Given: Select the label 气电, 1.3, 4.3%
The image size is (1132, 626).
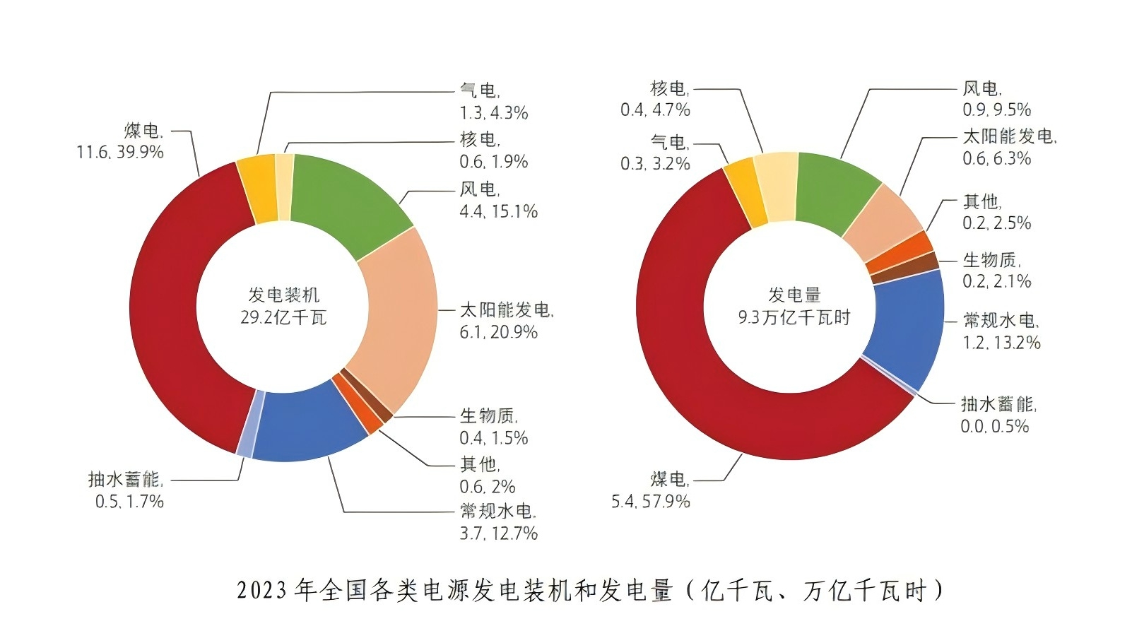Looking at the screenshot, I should [x=493, y=102].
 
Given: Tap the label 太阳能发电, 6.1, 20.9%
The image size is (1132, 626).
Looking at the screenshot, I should [x=506, y=321].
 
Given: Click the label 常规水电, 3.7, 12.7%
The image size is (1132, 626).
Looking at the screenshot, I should [x=498, y=522].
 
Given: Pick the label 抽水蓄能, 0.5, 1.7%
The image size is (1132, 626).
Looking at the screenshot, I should [x=126, y=490].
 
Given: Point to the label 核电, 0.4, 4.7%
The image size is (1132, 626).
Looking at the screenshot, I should [x=655, y=99].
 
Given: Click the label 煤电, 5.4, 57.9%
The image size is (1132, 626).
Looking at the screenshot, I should [x=651, y=490].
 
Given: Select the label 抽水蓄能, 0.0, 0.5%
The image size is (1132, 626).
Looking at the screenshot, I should [x=997, y=415].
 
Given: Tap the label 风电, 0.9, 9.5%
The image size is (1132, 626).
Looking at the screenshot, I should [x=996, y=99].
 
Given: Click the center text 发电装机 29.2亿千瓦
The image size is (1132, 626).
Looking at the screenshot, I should [x=283, y=306].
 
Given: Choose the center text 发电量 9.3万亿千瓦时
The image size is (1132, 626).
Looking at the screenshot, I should [x=794, y=306].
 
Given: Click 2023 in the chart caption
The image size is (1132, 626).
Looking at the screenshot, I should [x=261, y=590].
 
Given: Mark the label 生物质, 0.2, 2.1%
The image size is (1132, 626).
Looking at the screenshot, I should [x=996, y=271].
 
